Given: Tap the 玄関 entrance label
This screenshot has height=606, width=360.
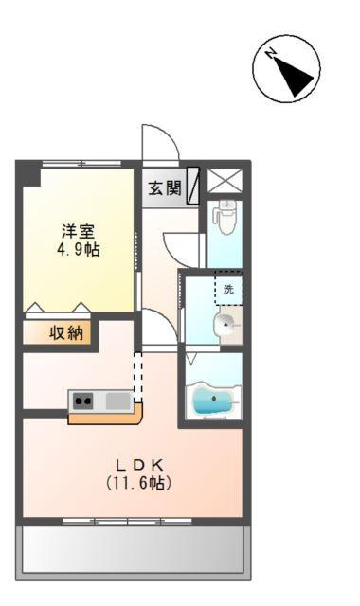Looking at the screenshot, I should point(164,187).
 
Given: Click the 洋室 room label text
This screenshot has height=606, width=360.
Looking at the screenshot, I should point(78,230).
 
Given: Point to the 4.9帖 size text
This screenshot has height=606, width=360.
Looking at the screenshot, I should point(78,250).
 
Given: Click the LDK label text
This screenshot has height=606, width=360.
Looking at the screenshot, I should point(140,465).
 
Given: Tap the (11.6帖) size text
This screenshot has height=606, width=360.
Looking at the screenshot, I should point(139,483).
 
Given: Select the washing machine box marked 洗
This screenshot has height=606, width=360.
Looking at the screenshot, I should point(228,289).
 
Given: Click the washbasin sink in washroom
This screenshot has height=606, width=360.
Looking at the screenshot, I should point(225,327).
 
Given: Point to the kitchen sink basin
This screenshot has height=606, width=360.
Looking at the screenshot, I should point(117,401).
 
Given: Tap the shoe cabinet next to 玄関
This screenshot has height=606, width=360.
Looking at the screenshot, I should point(193,187).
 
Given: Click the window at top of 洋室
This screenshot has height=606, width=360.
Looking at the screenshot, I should point(81,164).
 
